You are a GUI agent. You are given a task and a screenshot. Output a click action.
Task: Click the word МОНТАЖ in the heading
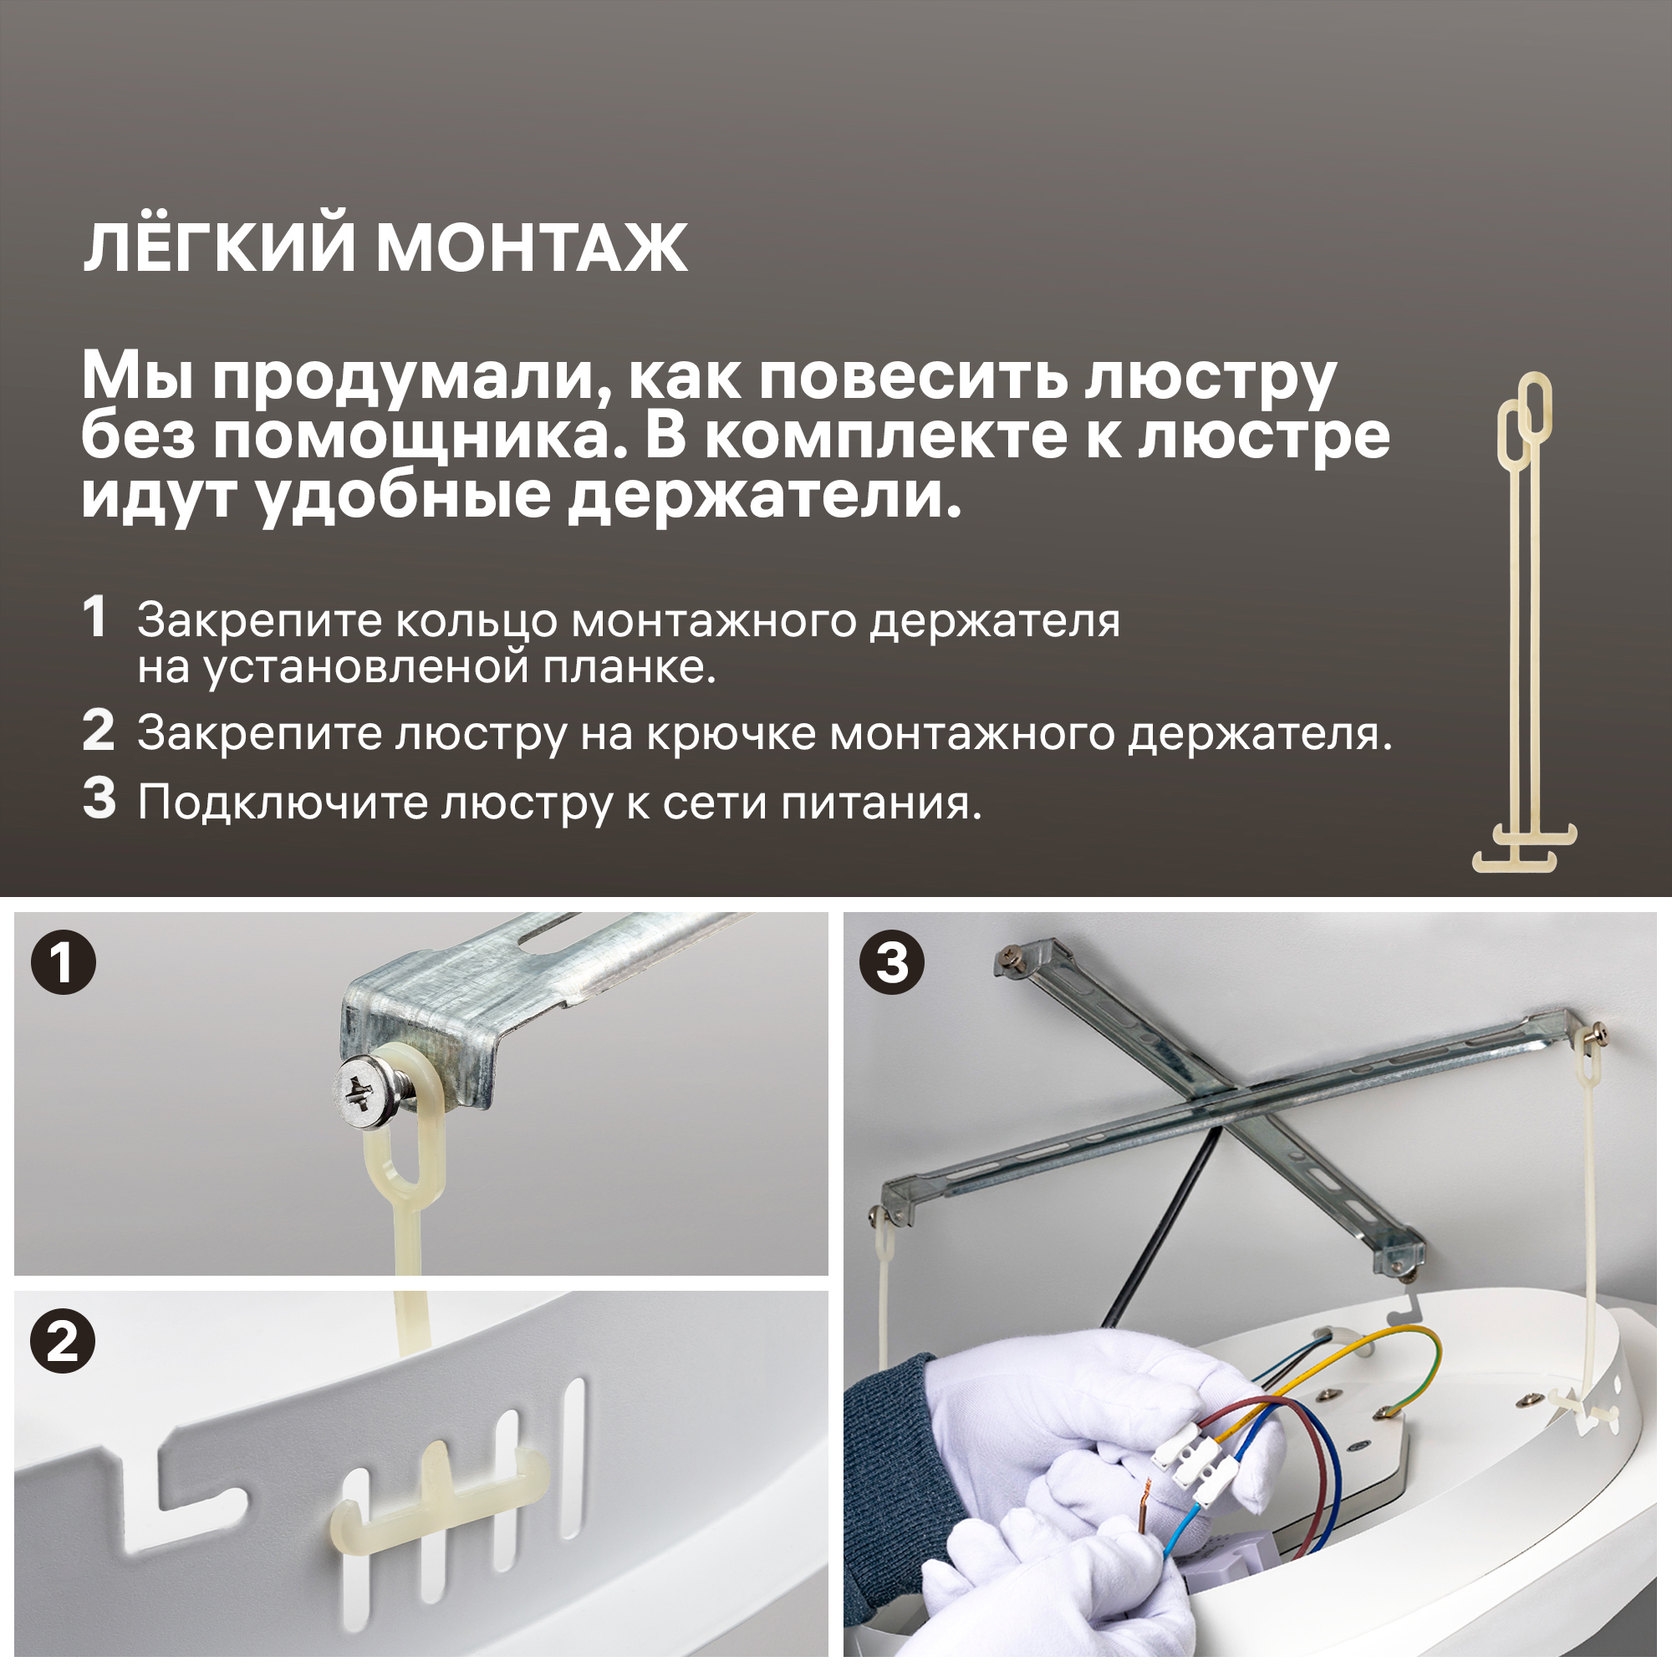[x=532, y=249]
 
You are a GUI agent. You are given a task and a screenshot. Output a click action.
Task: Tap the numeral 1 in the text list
[x=94, y=617]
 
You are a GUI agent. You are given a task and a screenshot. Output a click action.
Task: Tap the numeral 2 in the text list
[x=98, y=731]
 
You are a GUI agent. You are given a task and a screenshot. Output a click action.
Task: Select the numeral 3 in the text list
[x=99, y=798]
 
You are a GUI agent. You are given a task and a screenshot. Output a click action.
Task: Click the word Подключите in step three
[x=282, y=803]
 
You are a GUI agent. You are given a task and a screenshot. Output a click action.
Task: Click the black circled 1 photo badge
[x=64, y=961]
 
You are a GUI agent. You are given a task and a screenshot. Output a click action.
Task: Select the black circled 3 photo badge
[x=892, y=961]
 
